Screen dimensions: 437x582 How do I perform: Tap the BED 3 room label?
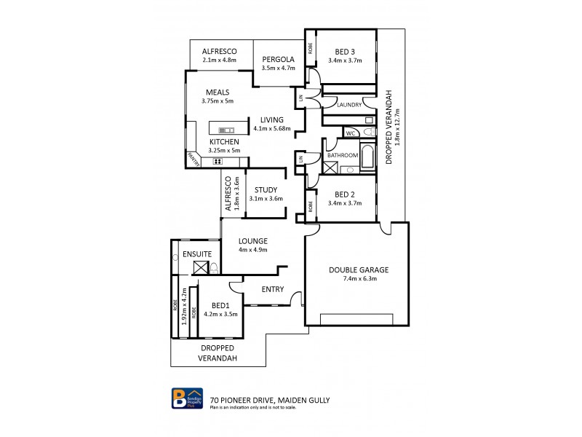coord(346,51)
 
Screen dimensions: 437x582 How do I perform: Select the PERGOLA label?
coord(277,59)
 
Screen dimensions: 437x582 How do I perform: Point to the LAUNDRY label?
coord(349,105)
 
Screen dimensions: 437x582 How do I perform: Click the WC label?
coord(350,133)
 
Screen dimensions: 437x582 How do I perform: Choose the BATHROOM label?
coord(342,155)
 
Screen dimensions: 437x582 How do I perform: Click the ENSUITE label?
coord(197,253)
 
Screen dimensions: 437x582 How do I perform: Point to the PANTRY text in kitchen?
coord(194,158)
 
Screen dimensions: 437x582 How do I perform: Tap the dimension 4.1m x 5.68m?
coord(272,129)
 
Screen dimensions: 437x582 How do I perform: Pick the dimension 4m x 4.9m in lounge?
coord(253,250)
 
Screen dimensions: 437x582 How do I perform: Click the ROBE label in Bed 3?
coord(311,50)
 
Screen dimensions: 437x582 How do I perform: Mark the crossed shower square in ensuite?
coord(202,267)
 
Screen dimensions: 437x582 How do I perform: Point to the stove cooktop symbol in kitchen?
coord(218,161)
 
